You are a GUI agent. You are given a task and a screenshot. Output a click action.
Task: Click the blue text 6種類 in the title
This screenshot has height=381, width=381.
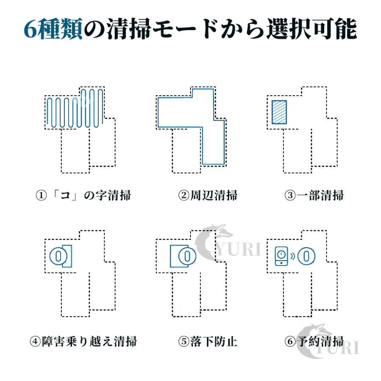click(x=53, y=29)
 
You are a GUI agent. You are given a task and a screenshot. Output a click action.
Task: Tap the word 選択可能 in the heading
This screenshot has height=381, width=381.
click(x=312, y=29)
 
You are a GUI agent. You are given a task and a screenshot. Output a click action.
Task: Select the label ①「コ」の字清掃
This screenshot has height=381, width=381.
click(x=83, y=195)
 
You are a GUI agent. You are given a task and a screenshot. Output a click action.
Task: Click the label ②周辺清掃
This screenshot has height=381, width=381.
click(x=208, y=195)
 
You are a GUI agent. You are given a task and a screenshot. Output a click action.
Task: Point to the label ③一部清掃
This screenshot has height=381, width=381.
click(x=314, y=195)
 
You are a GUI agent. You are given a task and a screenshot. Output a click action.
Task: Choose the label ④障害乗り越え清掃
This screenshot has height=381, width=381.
click(x=83, y=341)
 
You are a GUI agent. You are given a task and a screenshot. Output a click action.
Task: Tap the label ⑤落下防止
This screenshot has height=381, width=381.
click(x=208, y=341)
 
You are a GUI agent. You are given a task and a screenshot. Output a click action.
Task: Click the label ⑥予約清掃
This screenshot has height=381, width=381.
click(x=314, y=341)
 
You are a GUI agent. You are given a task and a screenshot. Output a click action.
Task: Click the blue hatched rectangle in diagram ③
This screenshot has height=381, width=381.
click(x=279, y=112)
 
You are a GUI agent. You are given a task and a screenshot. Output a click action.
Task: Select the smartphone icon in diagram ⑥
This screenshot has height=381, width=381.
click(x=282, y=256)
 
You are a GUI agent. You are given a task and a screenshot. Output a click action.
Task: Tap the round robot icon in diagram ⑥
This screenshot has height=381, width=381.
click(x=306, y=256)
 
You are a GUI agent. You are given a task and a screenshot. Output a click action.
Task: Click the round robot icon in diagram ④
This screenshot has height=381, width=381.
click(x=58, y=256)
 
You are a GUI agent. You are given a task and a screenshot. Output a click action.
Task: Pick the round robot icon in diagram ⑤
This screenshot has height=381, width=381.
click(x=188, y=256)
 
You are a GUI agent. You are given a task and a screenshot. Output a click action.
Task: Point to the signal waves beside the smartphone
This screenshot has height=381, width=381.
click(x=292, y=256)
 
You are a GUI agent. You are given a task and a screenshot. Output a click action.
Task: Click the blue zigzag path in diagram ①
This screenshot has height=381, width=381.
click(x=75, y=108)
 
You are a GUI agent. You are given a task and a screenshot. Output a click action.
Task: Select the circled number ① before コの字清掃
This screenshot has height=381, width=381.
click(x=41, y=195)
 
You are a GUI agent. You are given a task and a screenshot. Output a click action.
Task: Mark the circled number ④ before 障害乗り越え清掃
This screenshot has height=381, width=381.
click(x=35, y=341)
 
